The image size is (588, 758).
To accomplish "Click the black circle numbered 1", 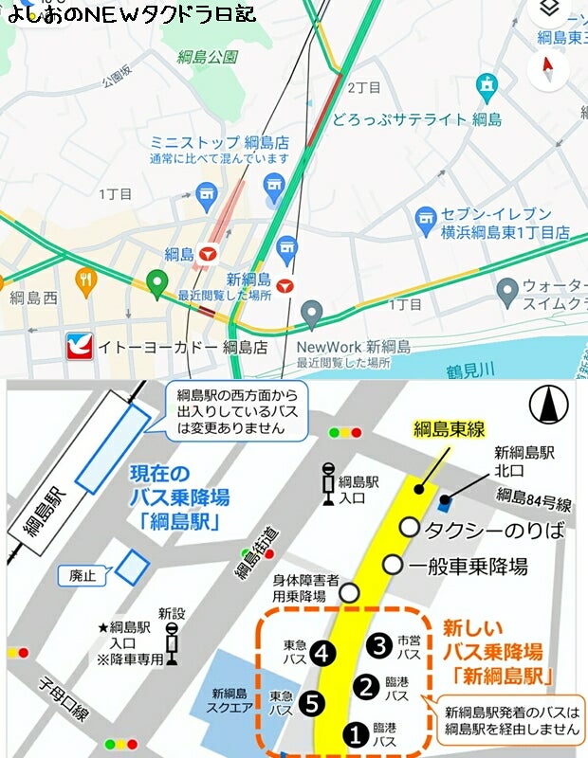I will (355, 732).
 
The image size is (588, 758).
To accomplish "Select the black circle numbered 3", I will (380, 646).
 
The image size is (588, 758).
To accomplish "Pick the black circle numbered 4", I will (323, 652).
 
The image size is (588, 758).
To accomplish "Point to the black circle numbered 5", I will (309, 703).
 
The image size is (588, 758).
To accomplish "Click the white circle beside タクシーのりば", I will (409, 527).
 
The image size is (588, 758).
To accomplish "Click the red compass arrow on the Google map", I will (547, 65).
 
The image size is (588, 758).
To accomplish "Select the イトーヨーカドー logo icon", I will (79, 347).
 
